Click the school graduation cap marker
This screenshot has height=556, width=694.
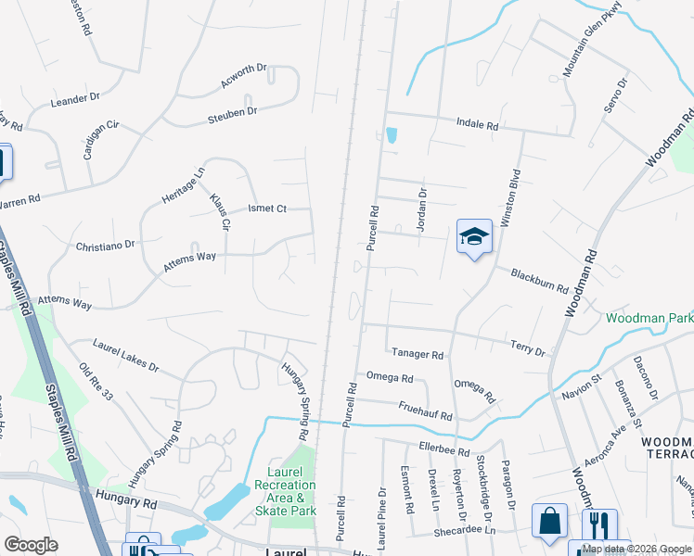(474, 237)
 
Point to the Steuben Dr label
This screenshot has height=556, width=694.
(232, 112)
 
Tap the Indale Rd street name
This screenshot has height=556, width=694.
(478, 123)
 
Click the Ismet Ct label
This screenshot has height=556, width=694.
(267, 208)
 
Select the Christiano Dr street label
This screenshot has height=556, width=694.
(106, 246)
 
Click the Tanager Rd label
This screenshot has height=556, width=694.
(417, 354)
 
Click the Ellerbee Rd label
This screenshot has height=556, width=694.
(444, 450)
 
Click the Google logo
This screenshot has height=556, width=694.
(31, 545)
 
